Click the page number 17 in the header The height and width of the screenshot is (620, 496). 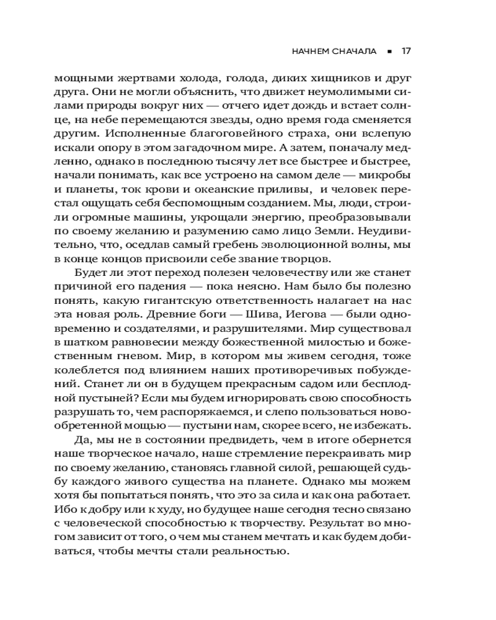click(406, 51)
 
